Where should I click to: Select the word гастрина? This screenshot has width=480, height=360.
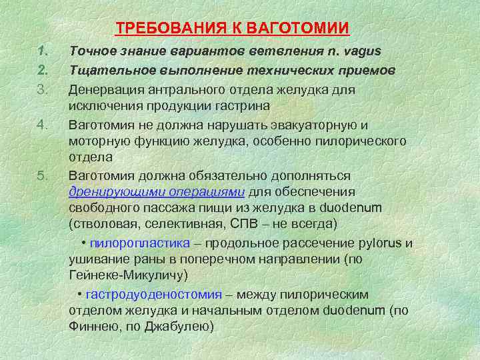click(x=235, y=106)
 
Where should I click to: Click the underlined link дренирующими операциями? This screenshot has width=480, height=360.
click(x=157, y=193)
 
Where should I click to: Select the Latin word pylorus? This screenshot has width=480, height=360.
click(x=380, y=243)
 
